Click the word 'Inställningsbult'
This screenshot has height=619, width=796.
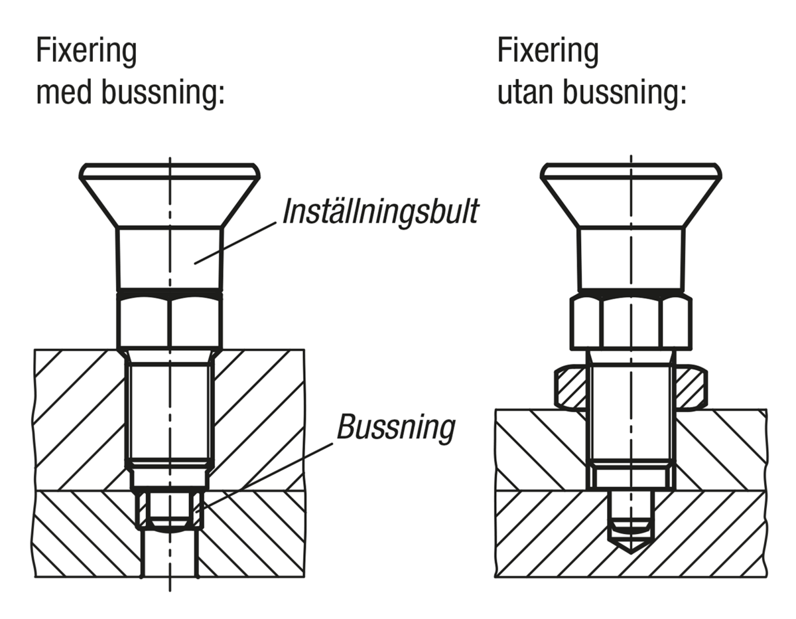pos(379,212)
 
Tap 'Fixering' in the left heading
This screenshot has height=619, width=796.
pos(86,51)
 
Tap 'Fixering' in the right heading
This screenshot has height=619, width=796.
pos(547,51)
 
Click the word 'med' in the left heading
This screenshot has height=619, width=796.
pos(63,94)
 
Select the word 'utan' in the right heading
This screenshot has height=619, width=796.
pos(525,94)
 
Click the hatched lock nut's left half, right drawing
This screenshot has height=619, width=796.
pos(570,389)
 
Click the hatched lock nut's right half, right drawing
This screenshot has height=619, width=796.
pos(691,389)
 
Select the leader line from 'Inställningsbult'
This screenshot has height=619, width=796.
pos(235,243)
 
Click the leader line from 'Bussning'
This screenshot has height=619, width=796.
pos(265,476)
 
